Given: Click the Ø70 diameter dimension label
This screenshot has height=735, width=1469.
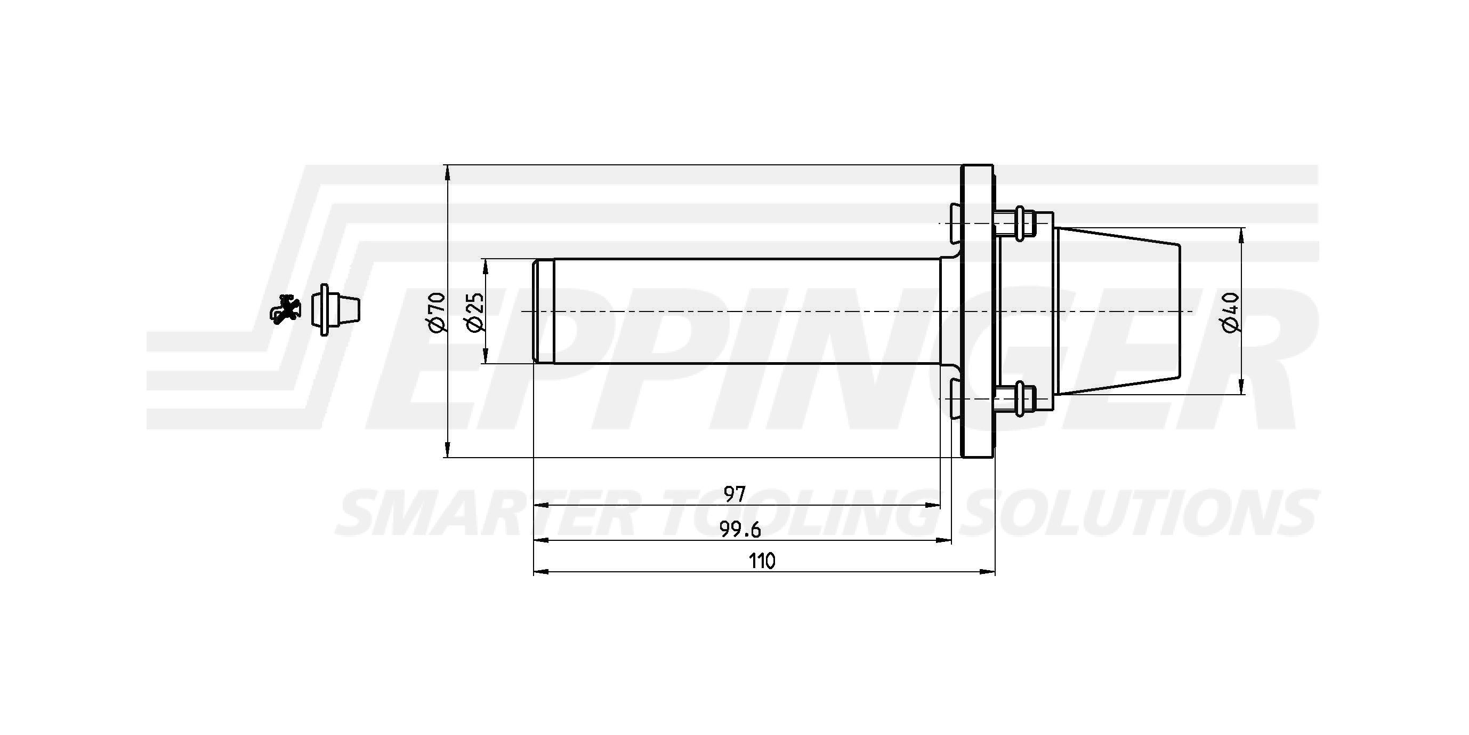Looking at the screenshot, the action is [435, 311].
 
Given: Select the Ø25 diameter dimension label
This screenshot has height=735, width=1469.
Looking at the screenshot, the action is [474, 311].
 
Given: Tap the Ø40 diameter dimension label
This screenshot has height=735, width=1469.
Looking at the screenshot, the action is [1231, 311].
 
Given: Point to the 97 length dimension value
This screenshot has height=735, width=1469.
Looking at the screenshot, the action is [735, 493].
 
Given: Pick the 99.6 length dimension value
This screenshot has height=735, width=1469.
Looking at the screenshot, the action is [740, 530].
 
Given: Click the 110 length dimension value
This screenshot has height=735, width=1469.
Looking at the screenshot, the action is [762, 562].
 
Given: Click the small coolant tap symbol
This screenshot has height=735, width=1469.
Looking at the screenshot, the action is [286, 310].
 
